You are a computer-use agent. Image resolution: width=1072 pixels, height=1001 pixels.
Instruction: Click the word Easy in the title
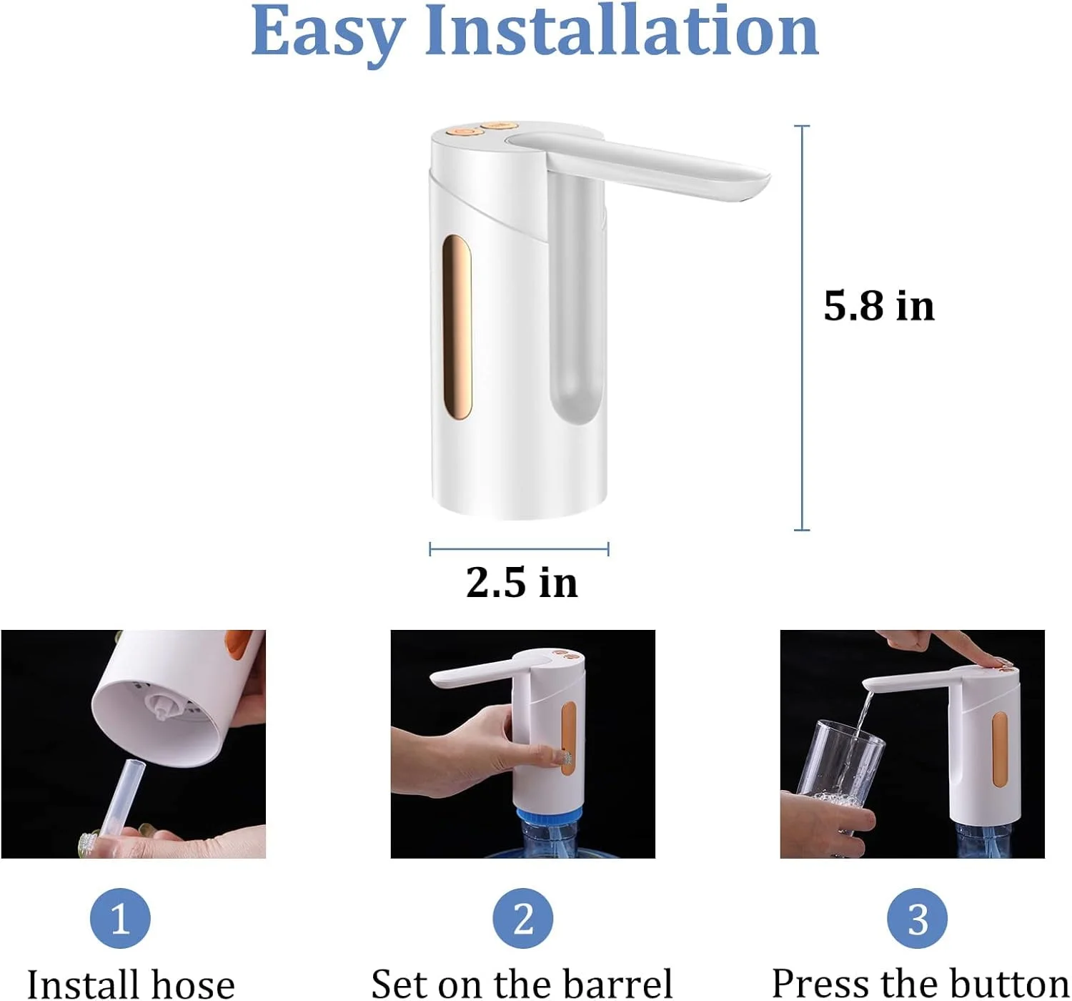tap(327, 32)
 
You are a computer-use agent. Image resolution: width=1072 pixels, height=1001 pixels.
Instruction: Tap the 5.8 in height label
tap(878, 306)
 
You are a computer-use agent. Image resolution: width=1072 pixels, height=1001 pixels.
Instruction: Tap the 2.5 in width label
tap(522, 582)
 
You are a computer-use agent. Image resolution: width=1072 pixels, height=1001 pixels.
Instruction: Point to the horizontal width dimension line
tap(519, 549)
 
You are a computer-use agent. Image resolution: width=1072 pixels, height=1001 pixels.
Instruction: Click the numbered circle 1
tap(120, 918)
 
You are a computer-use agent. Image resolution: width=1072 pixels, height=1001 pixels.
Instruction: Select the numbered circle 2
tap(522, 918)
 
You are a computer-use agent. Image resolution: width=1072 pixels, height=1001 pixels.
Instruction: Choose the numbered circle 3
tap(917, 918)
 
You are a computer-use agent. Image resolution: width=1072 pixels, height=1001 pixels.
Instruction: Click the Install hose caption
tap(131, 985)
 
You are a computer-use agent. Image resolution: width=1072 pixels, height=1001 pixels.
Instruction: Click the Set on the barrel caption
tap(522, 985)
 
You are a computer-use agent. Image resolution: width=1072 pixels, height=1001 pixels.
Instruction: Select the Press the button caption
tap(920, 983)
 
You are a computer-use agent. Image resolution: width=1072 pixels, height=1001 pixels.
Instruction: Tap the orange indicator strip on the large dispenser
tap(457, 327)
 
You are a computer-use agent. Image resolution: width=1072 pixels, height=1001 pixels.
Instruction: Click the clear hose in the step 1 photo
tap(124, 797)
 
